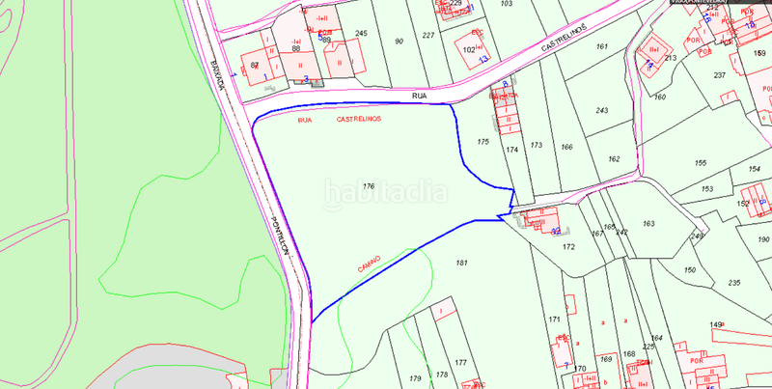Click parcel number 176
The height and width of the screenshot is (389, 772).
click(x=368, y=185)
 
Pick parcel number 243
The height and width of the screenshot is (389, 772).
click(x=602, y=110)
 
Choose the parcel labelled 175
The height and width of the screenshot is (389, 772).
click(x=484, y=142)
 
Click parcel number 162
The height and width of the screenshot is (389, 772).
click(x=615, y=159)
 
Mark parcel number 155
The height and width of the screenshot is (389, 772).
click(x=701, y=164)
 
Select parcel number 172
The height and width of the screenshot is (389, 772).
click(x=569, y=247)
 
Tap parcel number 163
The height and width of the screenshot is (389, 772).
click(x=648, y=224)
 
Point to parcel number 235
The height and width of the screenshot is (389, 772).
click(x=734, y=283)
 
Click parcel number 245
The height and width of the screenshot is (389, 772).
click(x=361, y=34)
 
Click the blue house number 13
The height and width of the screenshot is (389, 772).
click(x=482, y=59)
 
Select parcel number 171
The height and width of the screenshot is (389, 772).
click(x=555, y=319)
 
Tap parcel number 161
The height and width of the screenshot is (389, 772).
click(x=602, y=46)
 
